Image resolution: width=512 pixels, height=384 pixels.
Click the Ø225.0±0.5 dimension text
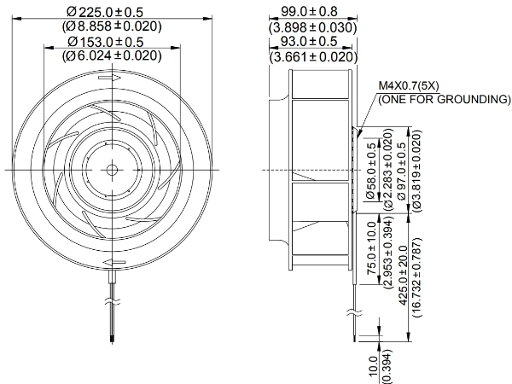[105, 13]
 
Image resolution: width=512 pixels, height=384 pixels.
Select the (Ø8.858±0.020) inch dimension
[112, 26]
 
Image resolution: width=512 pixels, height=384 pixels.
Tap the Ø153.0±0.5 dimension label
[106, 42]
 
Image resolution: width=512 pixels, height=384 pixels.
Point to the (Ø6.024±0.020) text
[112, 55]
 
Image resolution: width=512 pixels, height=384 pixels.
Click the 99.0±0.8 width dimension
[309, 12]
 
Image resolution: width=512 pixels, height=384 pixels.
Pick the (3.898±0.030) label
[312, 28]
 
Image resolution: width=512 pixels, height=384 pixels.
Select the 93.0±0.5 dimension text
[309, 42]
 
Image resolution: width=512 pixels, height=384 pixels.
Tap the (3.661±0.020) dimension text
[313, 57]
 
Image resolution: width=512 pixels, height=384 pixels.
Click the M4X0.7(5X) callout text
[409, 86]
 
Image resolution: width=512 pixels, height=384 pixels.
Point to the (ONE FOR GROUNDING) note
[444, 99]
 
